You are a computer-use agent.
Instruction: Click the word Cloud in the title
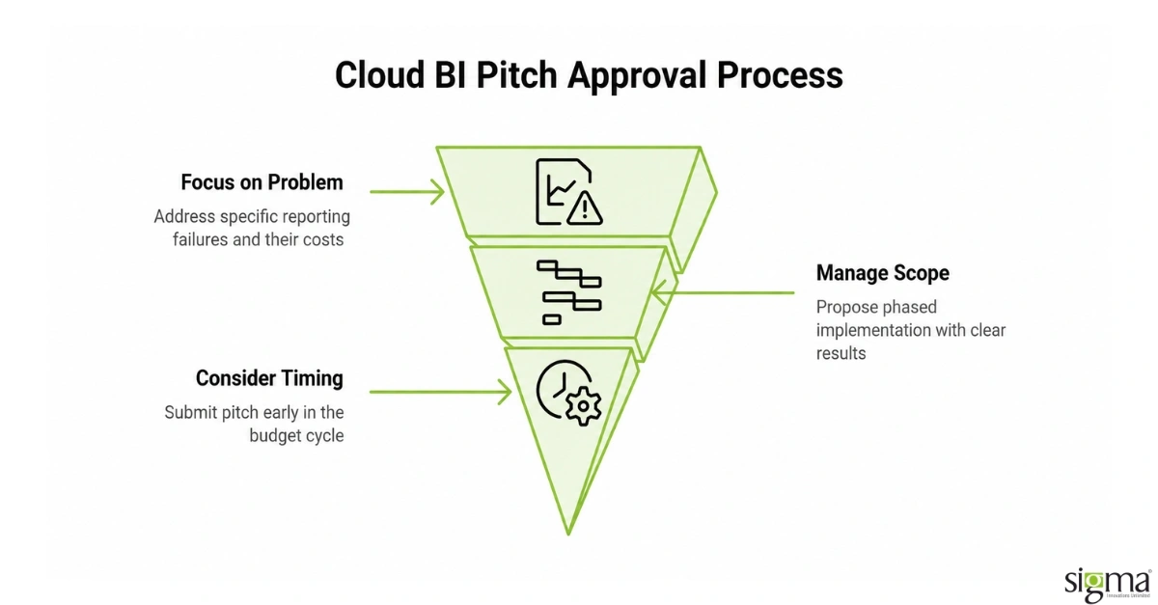[x=380, y=75]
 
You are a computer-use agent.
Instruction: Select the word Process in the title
[x=780, y=75]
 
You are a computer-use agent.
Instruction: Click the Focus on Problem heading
[x=262, y=182]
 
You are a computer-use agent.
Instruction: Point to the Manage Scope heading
[x=882, y=273]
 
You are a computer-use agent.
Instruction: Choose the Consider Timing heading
[x=269, y=378]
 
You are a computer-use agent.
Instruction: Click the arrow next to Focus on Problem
[x=407, y=192]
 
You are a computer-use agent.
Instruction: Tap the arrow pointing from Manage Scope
[x=723, y=292]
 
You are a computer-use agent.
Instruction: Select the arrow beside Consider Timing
[x=440, y=392]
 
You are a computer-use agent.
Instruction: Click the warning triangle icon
[x=585, y=208]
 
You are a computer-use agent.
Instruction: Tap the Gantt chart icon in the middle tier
[x=569, y=292]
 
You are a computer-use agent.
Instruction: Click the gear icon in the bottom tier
[x=583, y=406]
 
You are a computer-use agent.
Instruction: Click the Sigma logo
[x=1108, y=585]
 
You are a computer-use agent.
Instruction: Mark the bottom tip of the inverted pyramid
[x=568, y=535]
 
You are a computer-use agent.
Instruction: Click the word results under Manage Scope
[x=841, y=354]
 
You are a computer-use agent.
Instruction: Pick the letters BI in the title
[x=451, y=75]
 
